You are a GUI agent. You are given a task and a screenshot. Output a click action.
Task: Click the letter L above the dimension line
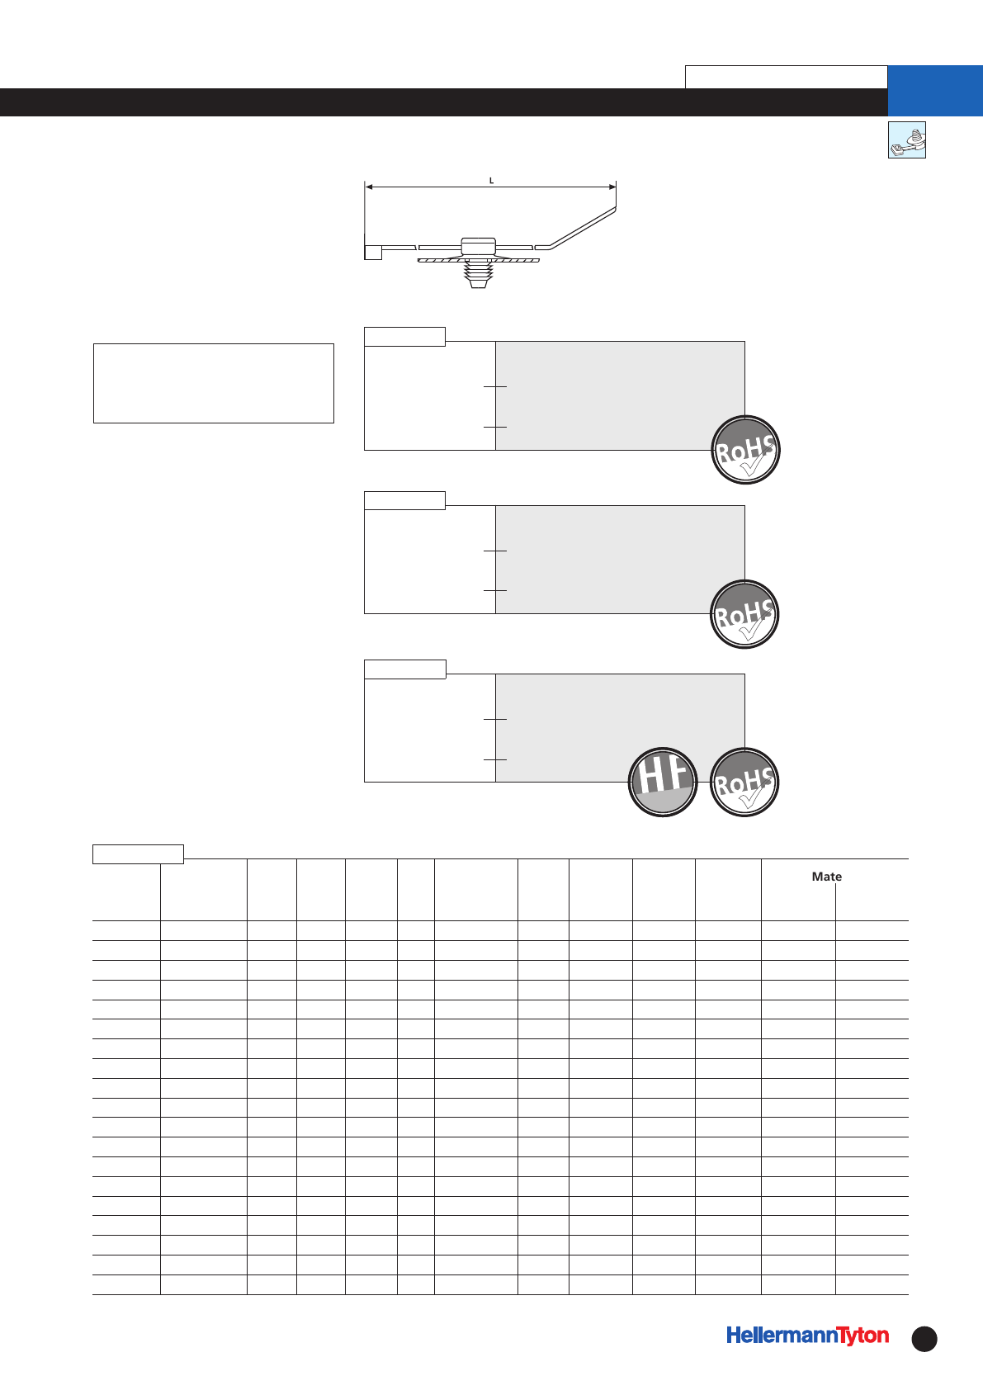pos(491,181)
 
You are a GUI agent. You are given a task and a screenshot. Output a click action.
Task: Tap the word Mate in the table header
pos(826,877)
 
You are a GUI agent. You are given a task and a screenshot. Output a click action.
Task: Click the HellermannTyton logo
pos(807,1336)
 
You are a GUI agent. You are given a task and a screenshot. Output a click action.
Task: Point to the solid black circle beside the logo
pos(924,1339)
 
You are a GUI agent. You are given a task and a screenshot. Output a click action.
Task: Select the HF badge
pos(663,782)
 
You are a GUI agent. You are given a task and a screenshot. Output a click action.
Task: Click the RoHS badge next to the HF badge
pos(744,782)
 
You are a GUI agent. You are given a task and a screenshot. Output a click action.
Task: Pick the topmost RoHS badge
pos(746,450)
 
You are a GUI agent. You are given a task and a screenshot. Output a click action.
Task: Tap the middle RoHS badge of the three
pos(744,614)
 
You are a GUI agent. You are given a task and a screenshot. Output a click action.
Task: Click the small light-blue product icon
pos(906,139)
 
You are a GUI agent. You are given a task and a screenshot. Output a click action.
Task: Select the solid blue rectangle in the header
pos(935,90)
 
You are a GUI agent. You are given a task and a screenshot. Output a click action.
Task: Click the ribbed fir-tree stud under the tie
pos(478,275)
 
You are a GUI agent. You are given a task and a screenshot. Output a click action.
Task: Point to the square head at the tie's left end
pos(373,253)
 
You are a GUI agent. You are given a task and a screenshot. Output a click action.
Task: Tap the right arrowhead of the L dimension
pos(612,187)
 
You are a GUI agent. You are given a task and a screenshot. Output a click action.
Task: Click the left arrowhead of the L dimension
pos(369,187)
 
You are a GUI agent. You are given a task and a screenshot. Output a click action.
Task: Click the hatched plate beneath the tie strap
pos(478,260)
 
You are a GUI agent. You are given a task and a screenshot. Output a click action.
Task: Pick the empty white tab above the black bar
pos(787,77)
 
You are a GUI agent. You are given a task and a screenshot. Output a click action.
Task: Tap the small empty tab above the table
pos(138,854)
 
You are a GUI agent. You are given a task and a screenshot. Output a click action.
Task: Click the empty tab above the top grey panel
pos(404,336)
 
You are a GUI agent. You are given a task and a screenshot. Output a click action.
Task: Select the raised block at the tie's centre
pos(478,245)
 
